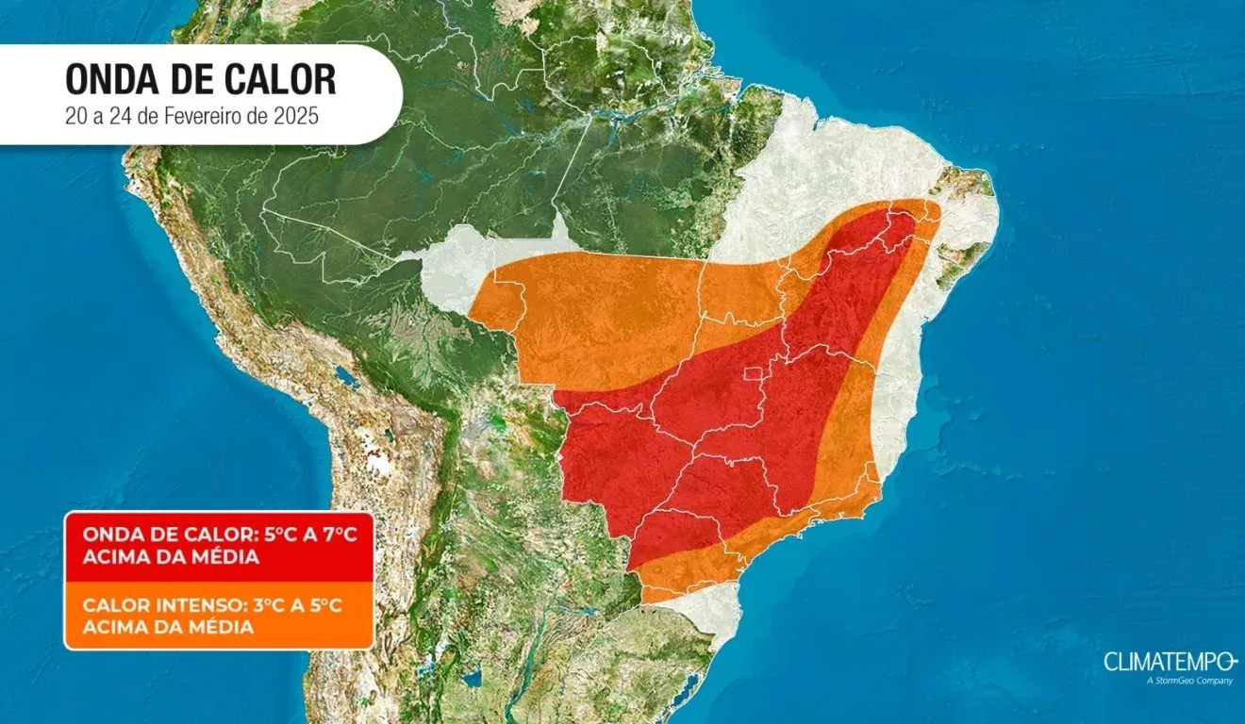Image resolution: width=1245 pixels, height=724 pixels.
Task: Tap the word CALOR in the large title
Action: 283,80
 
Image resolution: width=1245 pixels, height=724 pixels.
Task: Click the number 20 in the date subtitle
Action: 75,120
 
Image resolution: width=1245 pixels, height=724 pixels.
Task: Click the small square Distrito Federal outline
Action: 752,377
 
